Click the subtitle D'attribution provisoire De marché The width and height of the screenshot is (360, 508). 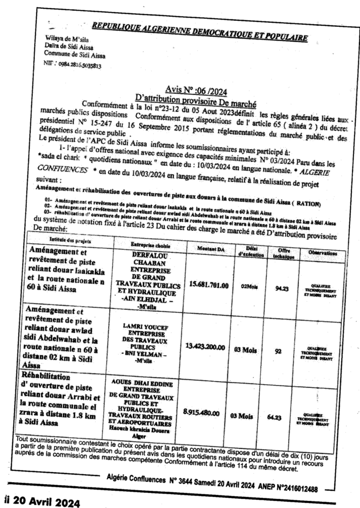coord(198,96)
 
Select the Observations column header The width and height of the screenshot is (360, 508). coord(323,253)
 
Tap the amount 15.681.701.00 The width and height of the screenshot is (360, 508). coord(209,285)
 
